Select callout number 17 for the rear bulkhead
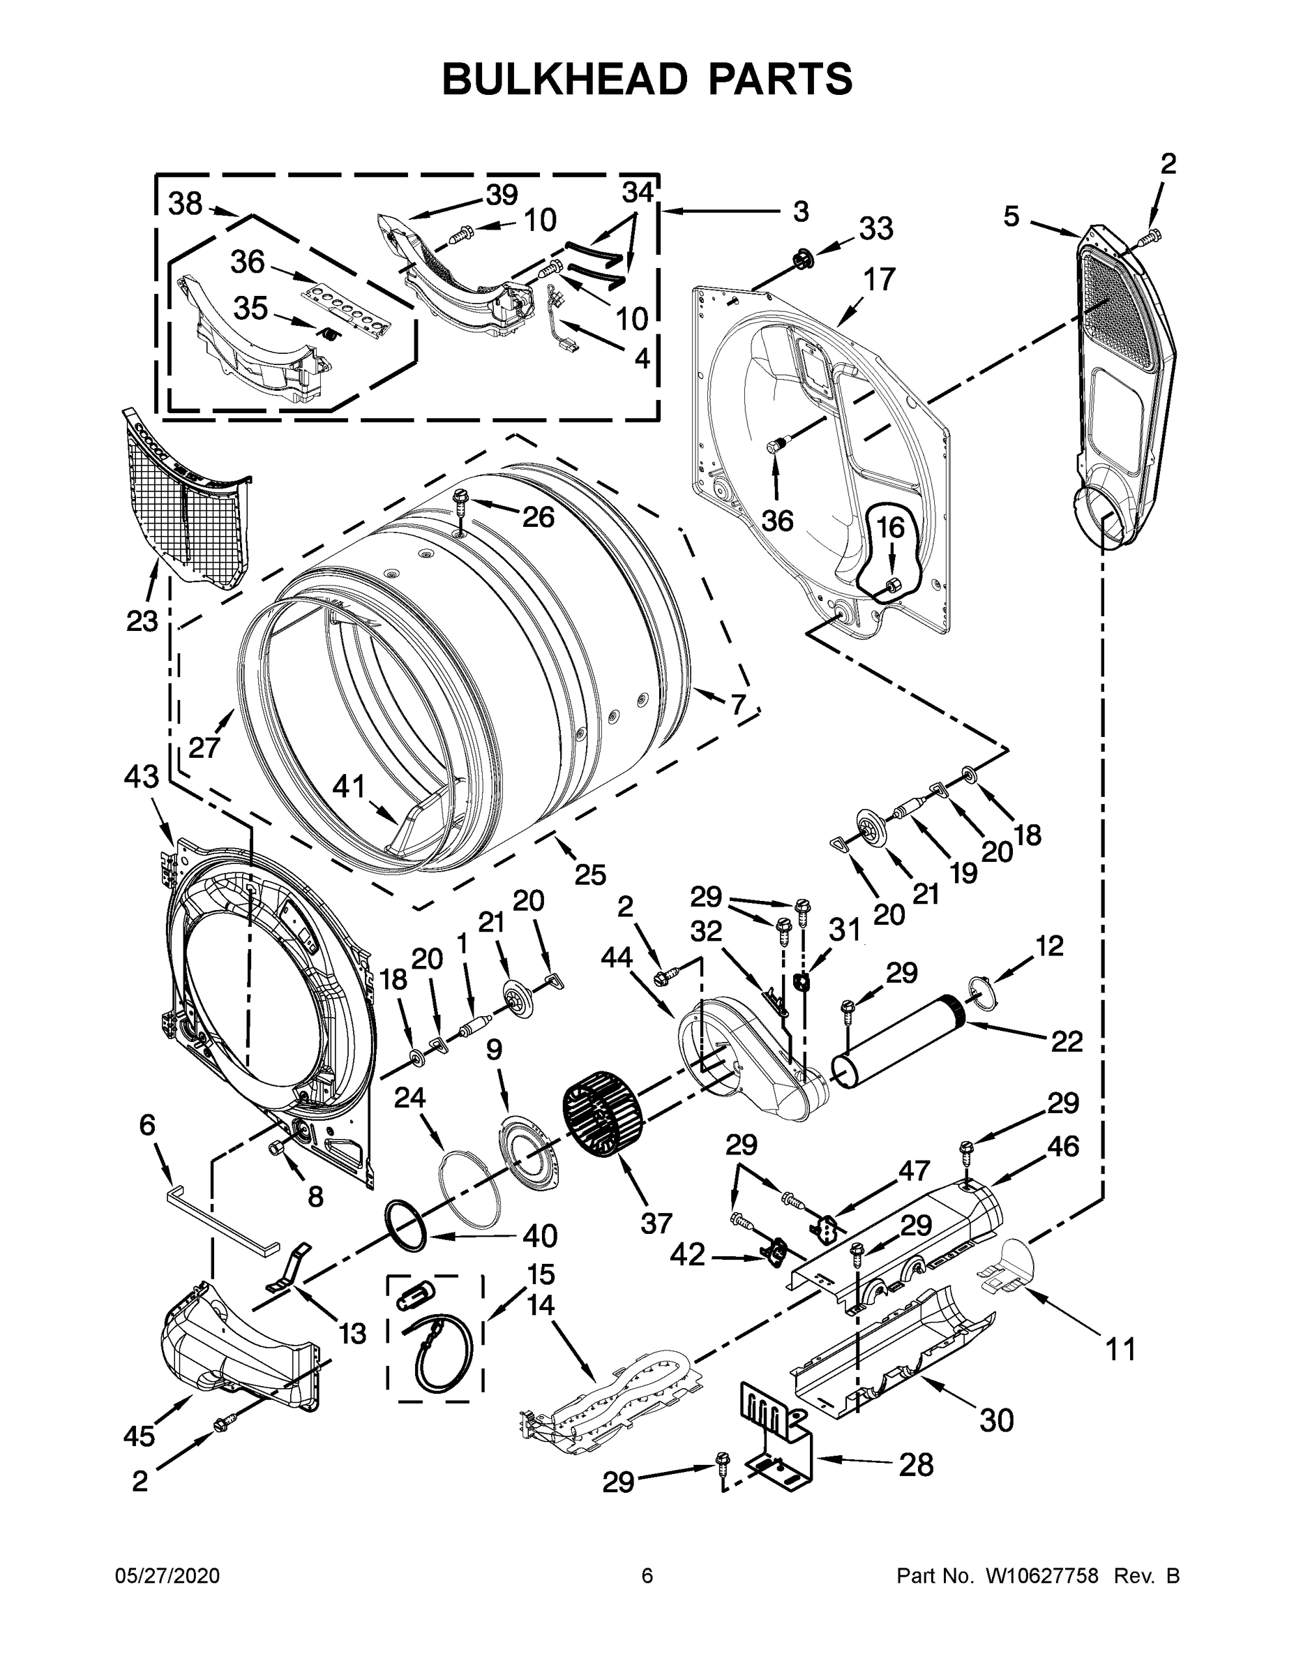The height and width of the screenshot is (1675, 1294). pos(878,280)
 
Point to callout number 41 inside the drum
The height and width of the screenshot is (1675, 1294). pos(348,786)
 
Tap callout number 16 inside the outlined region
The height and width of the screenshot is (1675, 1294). pos(890,528)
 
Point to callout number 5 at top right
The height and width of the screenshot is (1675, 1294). pos(1012,217)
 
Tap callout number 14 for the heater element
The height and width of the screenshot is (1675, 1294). pos(541,1304)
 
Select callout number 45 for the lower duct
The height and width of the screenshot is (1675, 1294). pos(139,1436)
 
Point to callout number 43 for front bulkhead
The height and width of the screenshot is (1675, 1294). pos(141,776)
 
